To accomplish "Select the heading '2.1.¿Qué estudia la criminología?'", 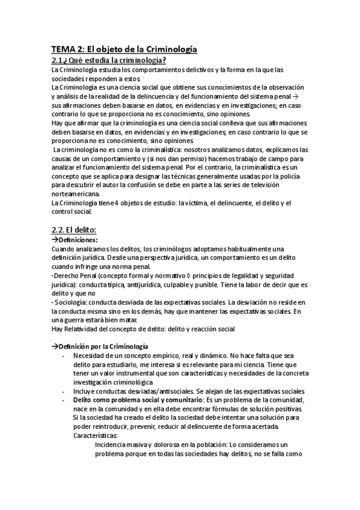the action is [108, 60].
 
